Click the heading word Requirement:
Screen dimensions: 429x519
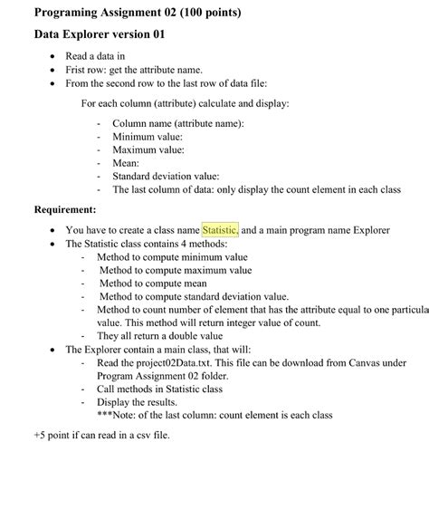pyautogui.click(x=65, y=209)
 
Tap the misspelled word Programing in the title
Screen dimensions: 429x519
pyautogui.click(x=71, y=13)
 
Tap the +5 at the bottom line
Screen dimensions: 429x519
pyautogui.click(x=41, y=435)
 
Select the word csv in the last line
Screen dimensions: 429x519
pyautogui.click(x=136, y=435)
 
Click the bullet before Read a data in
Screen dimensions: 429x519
pyautogui.click(x=56, y=55)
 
